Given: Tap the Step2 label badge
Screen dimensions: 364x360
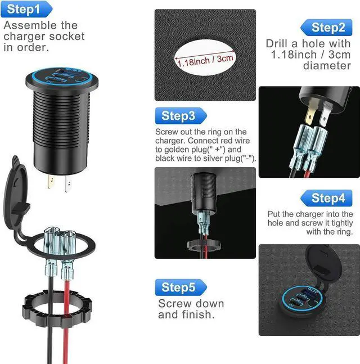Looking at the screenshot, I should pos(328,27).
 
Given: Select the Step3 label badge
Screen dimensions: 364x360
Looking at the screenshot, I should pos(178,116).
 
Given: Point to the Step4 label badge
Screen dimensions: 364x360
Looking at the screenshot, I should pos(328,197).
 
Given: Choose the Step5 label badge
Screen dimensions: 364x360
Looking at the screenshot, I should pos(178,287).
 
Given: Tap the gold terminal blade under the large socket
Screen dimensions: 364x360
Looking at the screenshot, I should pos(51,183).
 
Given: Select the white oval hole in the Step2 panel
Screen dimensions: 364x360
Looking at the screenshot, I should pos(205,56).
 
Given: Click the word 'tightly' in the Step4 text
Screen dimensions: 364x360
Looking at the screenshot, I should pos(330,223).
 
